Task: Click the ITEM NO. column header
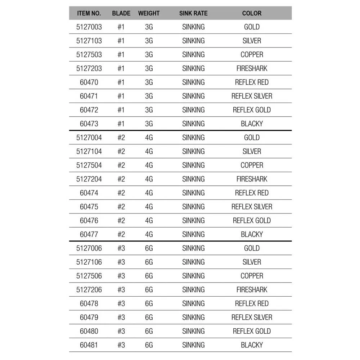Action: coord(89,13)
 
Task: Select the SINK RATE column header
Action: coord(193,13)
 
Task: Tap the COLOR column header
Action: coord(252,13)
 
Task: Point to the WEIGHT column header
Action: coord(149,13)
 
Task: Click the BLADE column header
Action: coord(121,13)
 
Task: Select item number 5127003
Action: coord(89,27)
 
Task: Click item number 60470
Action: coord(89,82)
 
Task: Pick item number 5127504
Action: coord(89,165)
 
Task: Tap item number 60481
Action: coord(89,345)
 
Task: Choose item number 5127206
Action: coord(89,290)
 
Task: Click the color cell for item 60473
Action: coord(252,124)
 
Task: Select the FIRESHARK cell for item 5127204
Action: coord(252,179)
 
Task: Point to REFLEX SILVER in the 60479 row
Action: coord(252,318)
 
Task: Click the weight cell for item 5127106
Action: coord(149,262)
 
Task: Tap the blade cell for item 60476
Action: coord(121,221)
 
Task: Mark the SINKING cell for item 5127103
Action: coord(193,41)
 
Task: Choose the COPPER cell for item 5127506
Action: coord(252,276)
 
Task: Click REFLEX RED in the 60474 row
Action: coord(252,193)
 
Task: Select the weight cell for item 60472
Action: coord(149,110)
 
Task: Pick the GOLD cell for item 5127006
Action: coord(252,248)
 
